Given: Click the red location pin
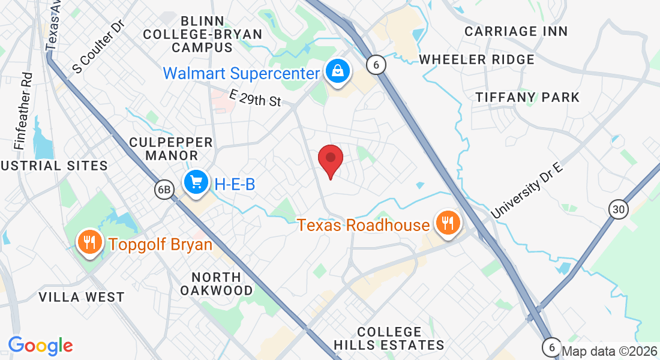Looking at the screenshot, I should pos(330,160).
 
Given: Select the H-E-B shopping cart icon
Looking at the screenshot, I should pos(196,181).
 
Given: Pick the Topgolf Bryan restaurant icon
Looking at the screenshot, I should pos(89,243).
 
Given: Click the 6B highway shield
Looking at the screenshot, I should pos(163,190).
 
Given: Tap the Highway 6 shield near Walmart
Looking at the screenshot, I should pos(376,65).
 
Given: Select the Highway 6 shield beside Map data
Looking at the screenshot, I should pos(551,347).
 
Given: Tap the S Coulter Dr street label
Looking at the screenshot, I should pos(97,49).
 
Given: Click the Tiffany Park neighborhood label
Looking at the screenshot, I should pos(527,97).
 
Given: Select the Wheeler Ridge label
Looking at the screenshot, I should pos(476,59).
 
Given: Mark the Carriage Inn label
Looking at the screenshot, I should pos(516,31).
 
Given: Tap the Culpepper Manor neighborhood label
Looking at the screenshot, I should pos(171,149).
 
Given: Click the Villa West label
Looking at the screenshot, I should pos(81,297).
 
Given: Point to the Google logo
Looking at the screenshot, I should pos(40,346).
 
